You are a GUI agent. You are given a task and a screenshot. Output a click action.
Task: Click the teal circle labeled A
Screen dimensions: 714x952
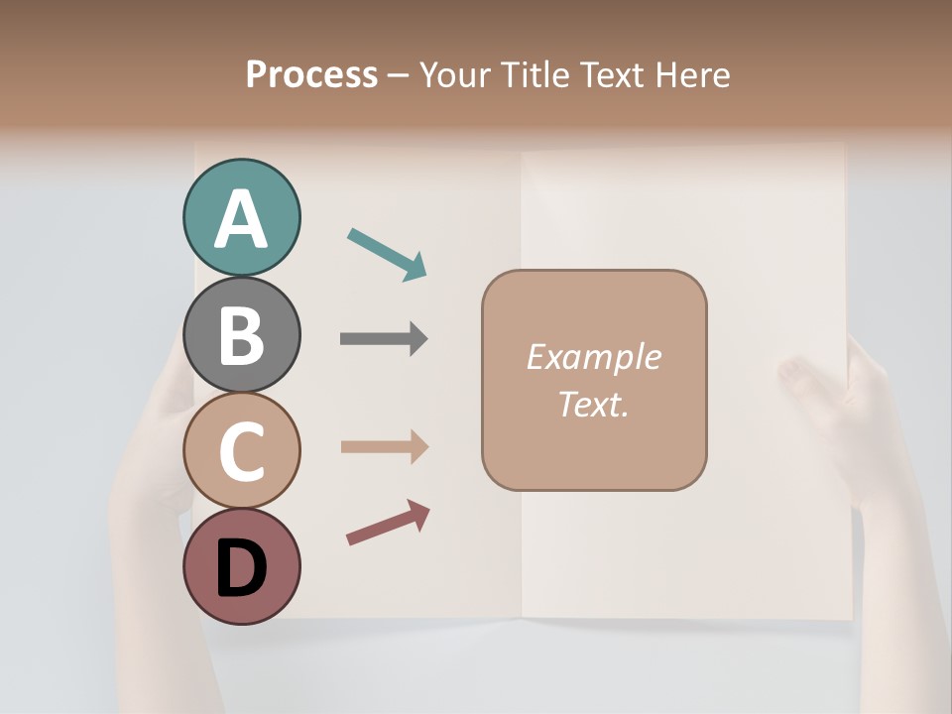tap(241, 218)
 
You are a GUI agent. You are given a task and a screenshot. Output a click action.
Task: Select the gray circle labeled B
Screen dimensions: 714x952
tap(241, 334)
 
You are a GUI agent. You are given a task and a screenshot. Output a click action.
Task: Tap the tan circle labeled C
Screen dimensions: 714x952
tap(241, 450)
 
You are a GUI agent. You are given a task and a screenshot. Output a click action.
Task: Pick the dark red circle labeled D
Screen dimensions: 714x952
tap(241, 566)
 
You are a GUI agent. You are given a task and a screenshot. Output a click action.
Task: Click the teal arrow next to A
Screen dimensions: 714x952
tap(387, 254)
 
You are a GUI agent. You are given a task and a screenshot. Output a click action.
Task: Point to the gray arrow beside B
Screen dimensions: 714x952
tap(384, 339)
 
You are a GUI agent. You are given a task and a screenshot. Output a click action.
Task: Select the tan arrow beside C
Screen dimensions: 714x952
tap(384, 447)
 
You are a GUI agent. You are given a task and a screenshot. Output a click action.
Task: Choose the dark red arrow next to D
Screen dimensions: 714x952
tap(387, 523)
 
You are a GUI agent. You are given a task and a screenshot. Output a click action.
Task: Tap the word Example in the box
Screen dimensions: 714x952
tap(594, 357)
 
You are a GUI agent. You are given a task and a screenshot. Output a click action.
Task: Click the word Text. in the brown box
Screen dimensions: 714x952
tap(594, 405)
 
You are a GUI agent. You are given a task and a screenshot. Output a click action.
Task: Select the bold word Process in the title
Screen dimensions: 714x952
tap(311, 75)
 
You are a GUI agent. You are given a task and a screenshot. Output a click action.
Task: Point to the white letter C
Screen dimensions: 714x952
tap(241, 451)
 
